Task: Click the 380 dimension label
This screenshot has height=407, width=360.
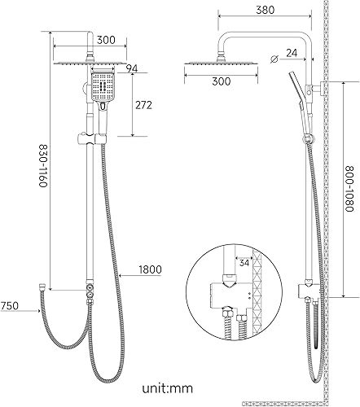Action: [265, 10]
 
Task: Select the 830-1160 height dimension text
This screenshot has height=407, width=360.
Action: [43, 165]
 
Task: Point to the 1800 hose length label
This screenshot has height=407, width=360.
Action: [150, 269]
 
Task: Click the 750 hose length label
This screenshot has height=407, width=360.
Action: [9, 306]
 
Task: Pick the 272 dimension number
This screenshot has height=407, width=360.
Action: [143, 105]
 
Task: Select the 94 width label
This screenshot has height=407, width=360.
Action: [132, 68]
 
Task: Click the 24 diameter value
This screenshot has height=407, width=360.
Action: [292, 53]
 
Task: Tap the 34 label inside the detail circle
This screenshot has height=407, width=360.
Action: [244, 263]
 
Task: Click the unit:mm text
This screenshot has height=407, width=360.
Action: [168, 388]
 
